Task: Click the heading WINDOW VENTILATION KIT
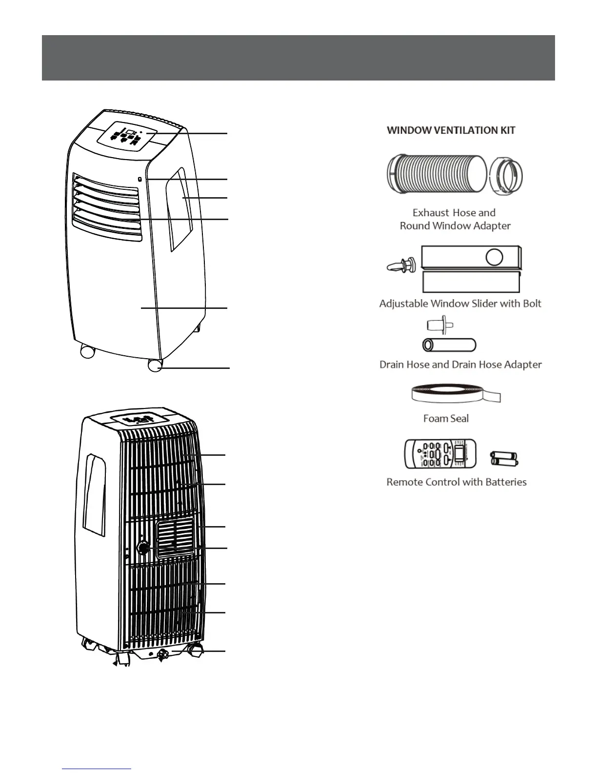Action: pos(451,130)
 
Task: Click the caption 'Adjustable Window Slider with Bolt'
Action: pos(460,304)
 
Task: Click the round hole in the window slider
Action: pos(495,257)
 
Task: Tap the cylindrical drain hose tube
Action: pos(449,345)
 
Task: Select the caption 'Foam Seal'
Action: pos(446,418)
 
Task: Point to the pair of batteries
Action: pos(504,459)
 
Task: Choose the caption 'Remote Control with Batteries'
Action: pos(457,482)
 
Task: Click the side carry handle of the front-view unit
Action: pos(181,209)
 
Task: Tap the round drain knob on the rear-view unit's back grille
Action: pos(143,548)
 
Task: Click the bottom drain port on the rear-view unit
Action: pos(163,654)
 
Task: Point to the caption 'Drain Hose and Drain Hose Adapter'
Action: pos(460,365)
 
